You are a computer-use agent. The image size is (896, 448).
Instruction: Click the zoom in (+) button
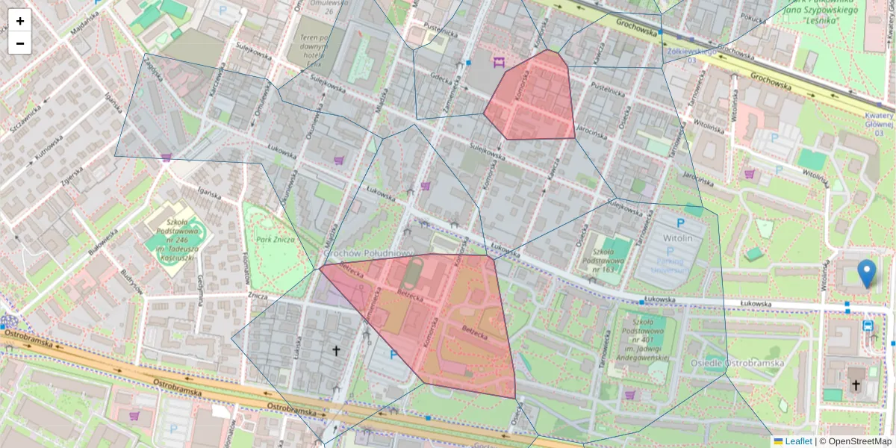[20, 21]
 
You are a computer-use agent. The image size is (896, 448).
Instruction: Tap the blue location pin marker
[866, 273]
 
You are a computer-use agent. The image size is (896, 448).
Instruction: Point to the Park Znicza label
[276, 239]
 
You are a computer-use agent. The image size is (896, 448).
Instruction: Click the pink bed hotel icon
[499, 61]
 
